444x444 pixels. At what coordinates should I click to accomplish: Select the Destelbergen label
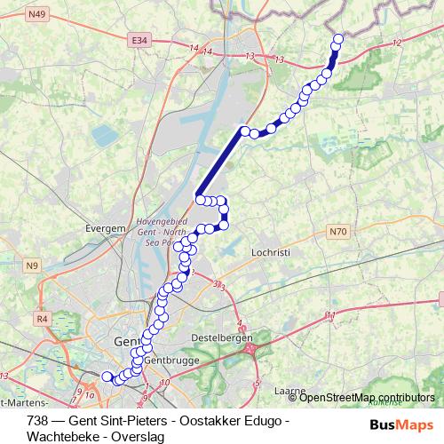pyautogui.click(x=222, y=338)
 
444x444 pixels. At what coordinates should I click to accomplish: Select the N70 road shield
pyautogui.click(x=337, y=232)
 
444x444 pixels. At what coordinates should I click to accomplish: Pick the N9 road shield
pyautogui.click(x=33, y=265)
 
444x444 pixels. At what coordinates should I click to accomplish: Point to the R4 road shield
pyautogui.click(x=41, y=317)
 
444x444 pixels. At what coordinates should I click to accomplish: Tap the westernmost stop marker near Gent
pyautogui.click(x=107, y=377)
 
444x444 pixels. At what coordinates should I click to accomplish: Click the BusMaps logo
pyautogui.click(x=402, y=425)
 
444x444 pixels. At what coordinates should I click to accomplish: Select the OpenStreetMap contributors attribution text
pyautogui.click(x=367, y=397)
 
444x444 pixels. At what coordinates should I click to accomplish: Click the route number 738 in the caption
pyautogui.click(x=38, y=419)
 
